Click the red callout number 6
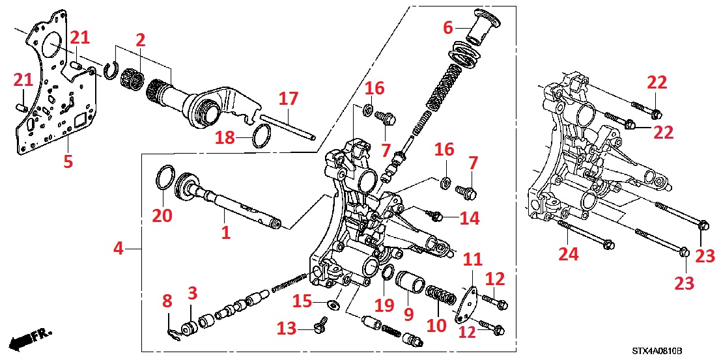pyautogui.click(x=447, y=27)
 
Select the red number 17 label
pyautogui.click(x=289, y=99)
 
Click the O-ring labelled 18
pyautogui.click(x=261, y=138)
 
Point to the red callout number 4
pyautogui.click(x=118, y=248)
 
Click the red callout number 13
pyautogui.click(x=287, y=329)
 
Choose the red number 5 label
pyautogui.click(x=68, y=161)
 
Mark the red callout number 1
pyautogui.click(x=225, y=232)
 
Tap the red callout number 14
pyautogui.click(x=469, y=218)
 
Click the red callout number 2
pyautogui.click(x=140, y=40)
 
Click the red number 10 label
pyautogui.click(x=436, y=325)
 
